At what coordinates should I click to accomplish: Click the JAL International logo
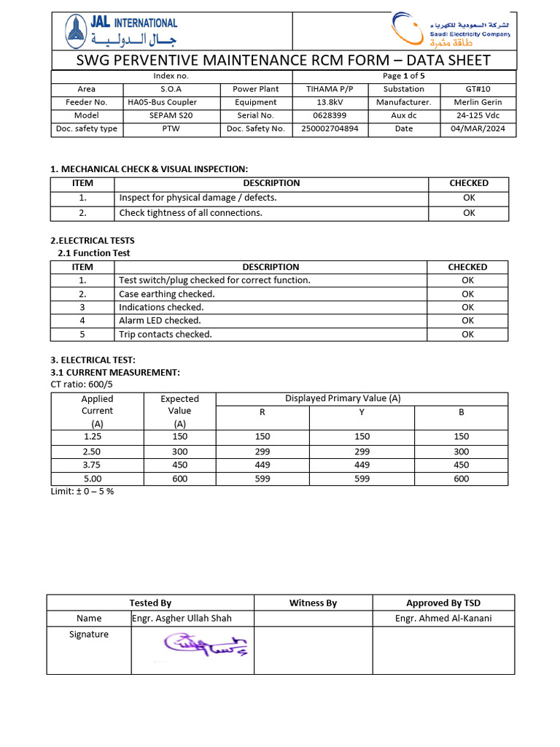[x=120, y=31]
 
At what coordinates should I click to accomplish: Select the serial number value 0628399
[x=330, y=115]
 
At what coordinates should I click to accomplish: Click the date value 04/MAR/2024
[x=478, y=128]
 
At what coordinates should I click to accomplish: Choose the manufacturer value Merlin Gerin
[x=478, y=102]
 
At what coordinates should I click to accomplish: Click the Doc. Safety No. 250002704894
[x=330, y=128]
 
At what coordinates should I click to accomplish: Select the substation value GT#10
[x=478, y=89]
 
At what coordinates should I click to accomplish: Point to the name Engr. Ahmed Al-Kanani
[x=443, y=619]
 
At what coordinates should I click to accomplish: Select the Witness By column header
[x=313, y=603]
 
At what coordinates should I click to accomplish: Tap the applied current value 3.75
[x=93, y=465]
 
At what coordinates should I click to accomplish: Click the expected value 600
[x=179, y=479]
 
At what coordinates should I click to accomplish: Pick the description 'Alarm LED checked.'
[x=160, y=320]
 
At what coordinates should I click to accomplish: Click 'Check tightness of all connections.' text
[x=190, y=213]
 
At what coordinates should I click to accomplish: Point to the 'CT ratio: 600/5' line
[x=82, y=384]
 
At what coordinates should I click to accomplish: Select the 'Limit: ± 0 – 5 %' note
[x=82, y=491]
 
